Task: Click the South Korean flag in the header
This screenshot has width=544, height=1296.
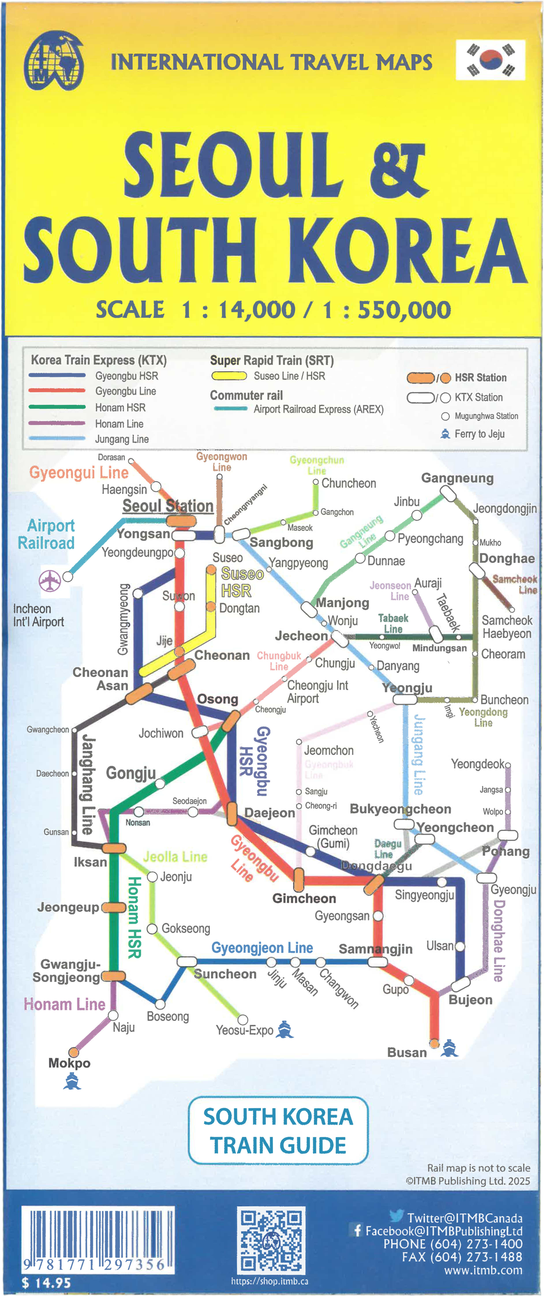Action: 490,60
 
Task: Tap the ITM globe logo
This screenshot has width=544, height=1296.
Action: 53,61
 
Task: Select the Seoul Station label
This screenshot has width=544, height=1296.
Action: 168,506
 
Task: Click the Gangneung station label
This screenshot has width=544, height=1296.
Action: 457,478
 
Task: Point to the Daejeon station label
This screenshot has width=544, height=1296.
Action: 269,813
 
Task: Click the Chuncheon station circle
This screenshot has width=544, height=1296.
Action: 316,482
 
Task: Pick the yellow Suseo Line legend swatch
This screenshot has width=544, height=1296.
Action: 229,376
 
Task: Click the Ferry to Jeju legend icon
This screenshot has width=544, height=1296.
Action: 445,434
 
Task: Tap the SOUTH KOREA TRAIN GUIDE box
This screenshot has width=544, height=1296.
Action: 278,1130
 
